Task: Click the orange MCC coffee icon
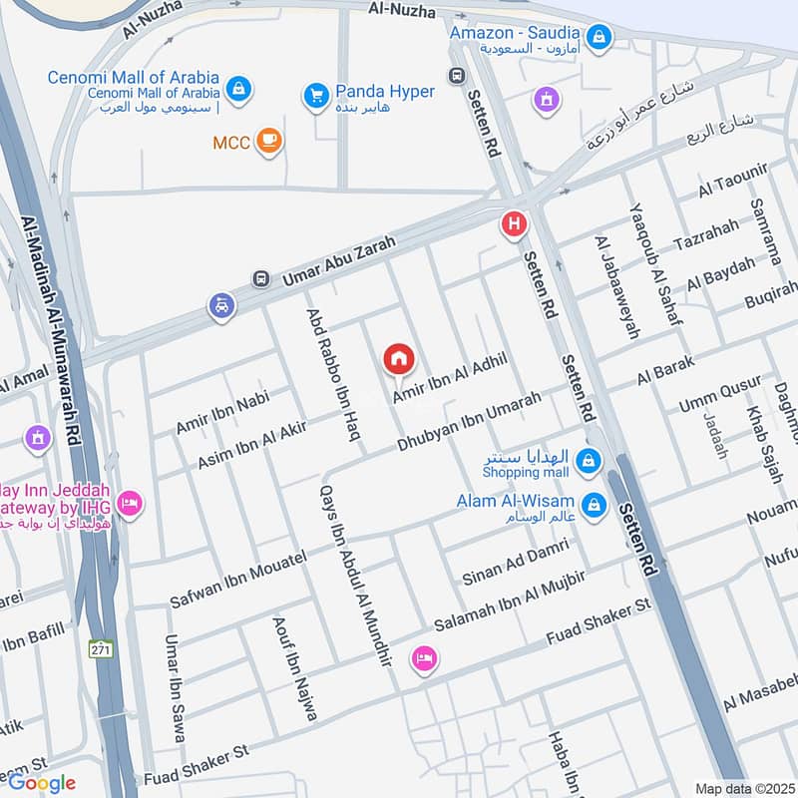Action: coord(268,142)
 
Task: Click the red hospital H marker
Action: coord(514,225)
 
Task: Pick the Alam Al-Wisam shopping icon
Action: coord(594,505)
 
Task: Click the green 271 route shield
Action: coord(101,647)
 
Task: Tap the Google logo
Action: coord(42,783)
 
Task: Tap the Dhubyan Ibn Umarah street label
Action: coord(469,419)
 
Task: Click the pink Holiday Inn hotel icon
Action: coord(129,504)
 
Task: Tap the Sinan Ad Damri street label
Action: coord(515,562)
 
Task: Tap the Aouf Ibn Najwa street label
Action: coord(295,668)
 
